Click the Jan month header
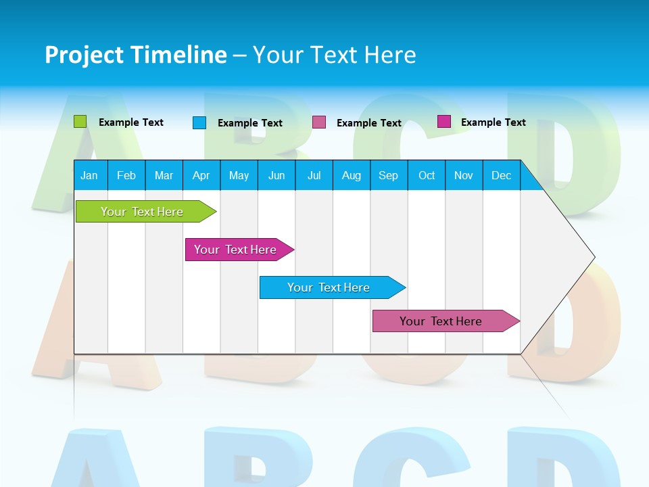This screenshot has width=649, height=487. coord(89,175)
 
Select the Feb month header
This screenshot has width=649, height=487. coord(126,175)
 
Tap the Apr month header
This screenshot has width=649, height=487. coord(201,175)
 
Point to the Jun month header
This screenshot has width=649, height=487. coord(277,175)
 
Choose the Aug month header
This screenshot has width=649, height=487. coord(351,175)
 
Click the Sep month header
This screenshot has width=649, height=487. coord(388,175)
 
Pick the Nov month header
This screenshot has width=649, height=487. coord(463,175)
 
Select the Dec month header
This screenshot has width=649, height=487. coord(501,175)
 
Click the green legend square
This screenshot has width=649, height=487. coord(80,122)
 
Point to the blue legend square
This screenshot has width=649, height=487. coord(199,122)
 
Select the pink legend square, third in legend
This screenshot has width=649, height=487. coord(319,122)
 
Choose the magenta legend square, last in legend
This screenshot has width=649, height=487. coord(443,121)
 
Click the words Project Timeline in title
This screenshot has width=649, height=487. coord(135,55)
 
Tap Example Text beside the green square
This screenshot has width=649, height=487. coord(131,122)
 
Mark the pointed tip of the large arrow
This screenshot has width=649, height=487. coord(594,256)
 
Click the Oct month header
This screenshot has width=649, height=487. coord(426,175)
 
